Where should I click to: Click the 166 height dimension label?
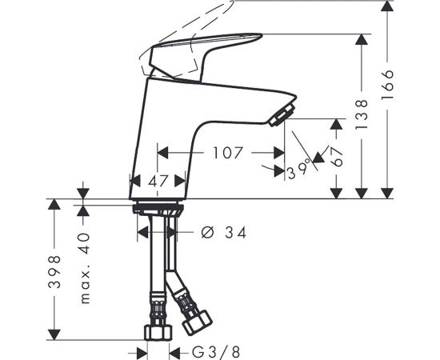point(388,85)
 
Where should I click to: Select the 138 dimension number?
point(362,114)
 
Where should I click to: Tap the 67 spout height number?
point(336,157)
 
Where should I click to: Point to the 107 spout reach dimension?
point(227,153)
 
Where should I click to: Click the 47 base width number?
point(158,181)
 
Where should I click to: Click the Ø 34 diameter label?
point(224,233)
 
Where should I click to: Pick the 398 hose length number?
point(54,272)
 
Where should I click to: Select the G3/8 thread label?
point(216,352)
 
